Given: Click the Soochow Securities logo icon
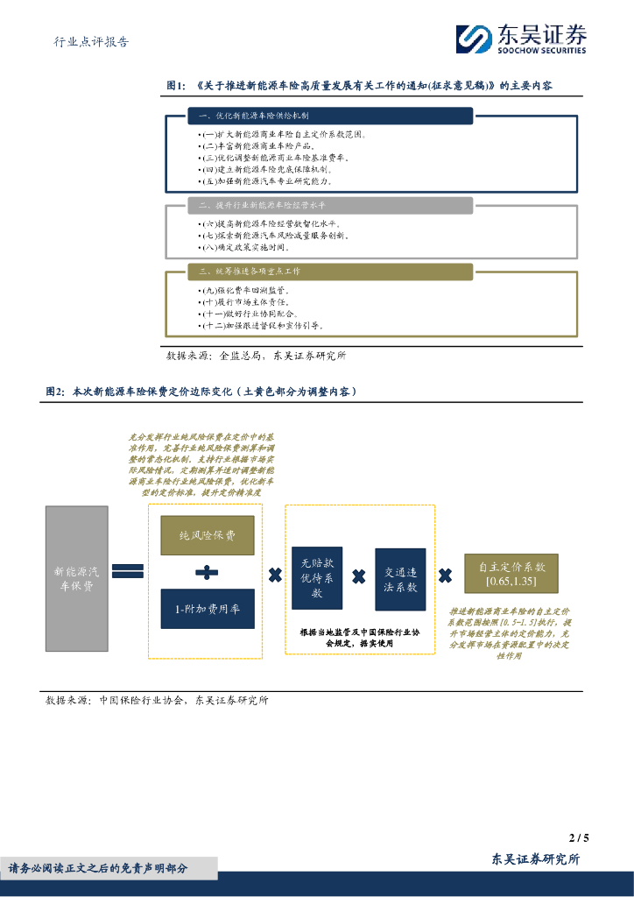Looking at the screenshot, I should click(x=474, y=39).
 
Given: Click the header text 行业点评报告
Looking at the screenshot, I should click(x=92, y=41).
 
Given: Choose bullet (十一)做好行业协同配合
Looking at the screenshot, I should click(x=250, y=314).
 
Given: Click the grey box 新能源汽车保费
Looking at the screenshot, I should click(x=77, y=578).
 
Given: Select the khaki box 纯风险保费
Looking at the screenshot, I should click(x=208, y=535).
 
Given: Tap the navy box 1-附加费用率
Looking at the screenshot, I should click(x=208, y=609).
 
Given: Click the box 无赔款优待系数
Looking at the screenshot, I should click(x=317, y=578).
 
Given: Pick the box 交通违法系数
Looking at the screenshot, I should click(x=400, y=579).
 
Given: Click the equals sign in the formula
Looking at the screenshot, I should click(x=128, y=570).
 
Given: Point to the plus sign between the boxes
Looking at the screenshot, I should click(x=207, y=573).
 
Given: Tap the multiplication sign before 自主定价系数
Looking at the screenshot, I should click(x=445, y=576).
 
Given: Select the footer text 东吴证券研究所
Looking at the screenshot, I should click(x=535, y=859).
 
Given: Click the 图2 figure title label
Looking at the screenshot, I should click(x=55, y=392).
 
